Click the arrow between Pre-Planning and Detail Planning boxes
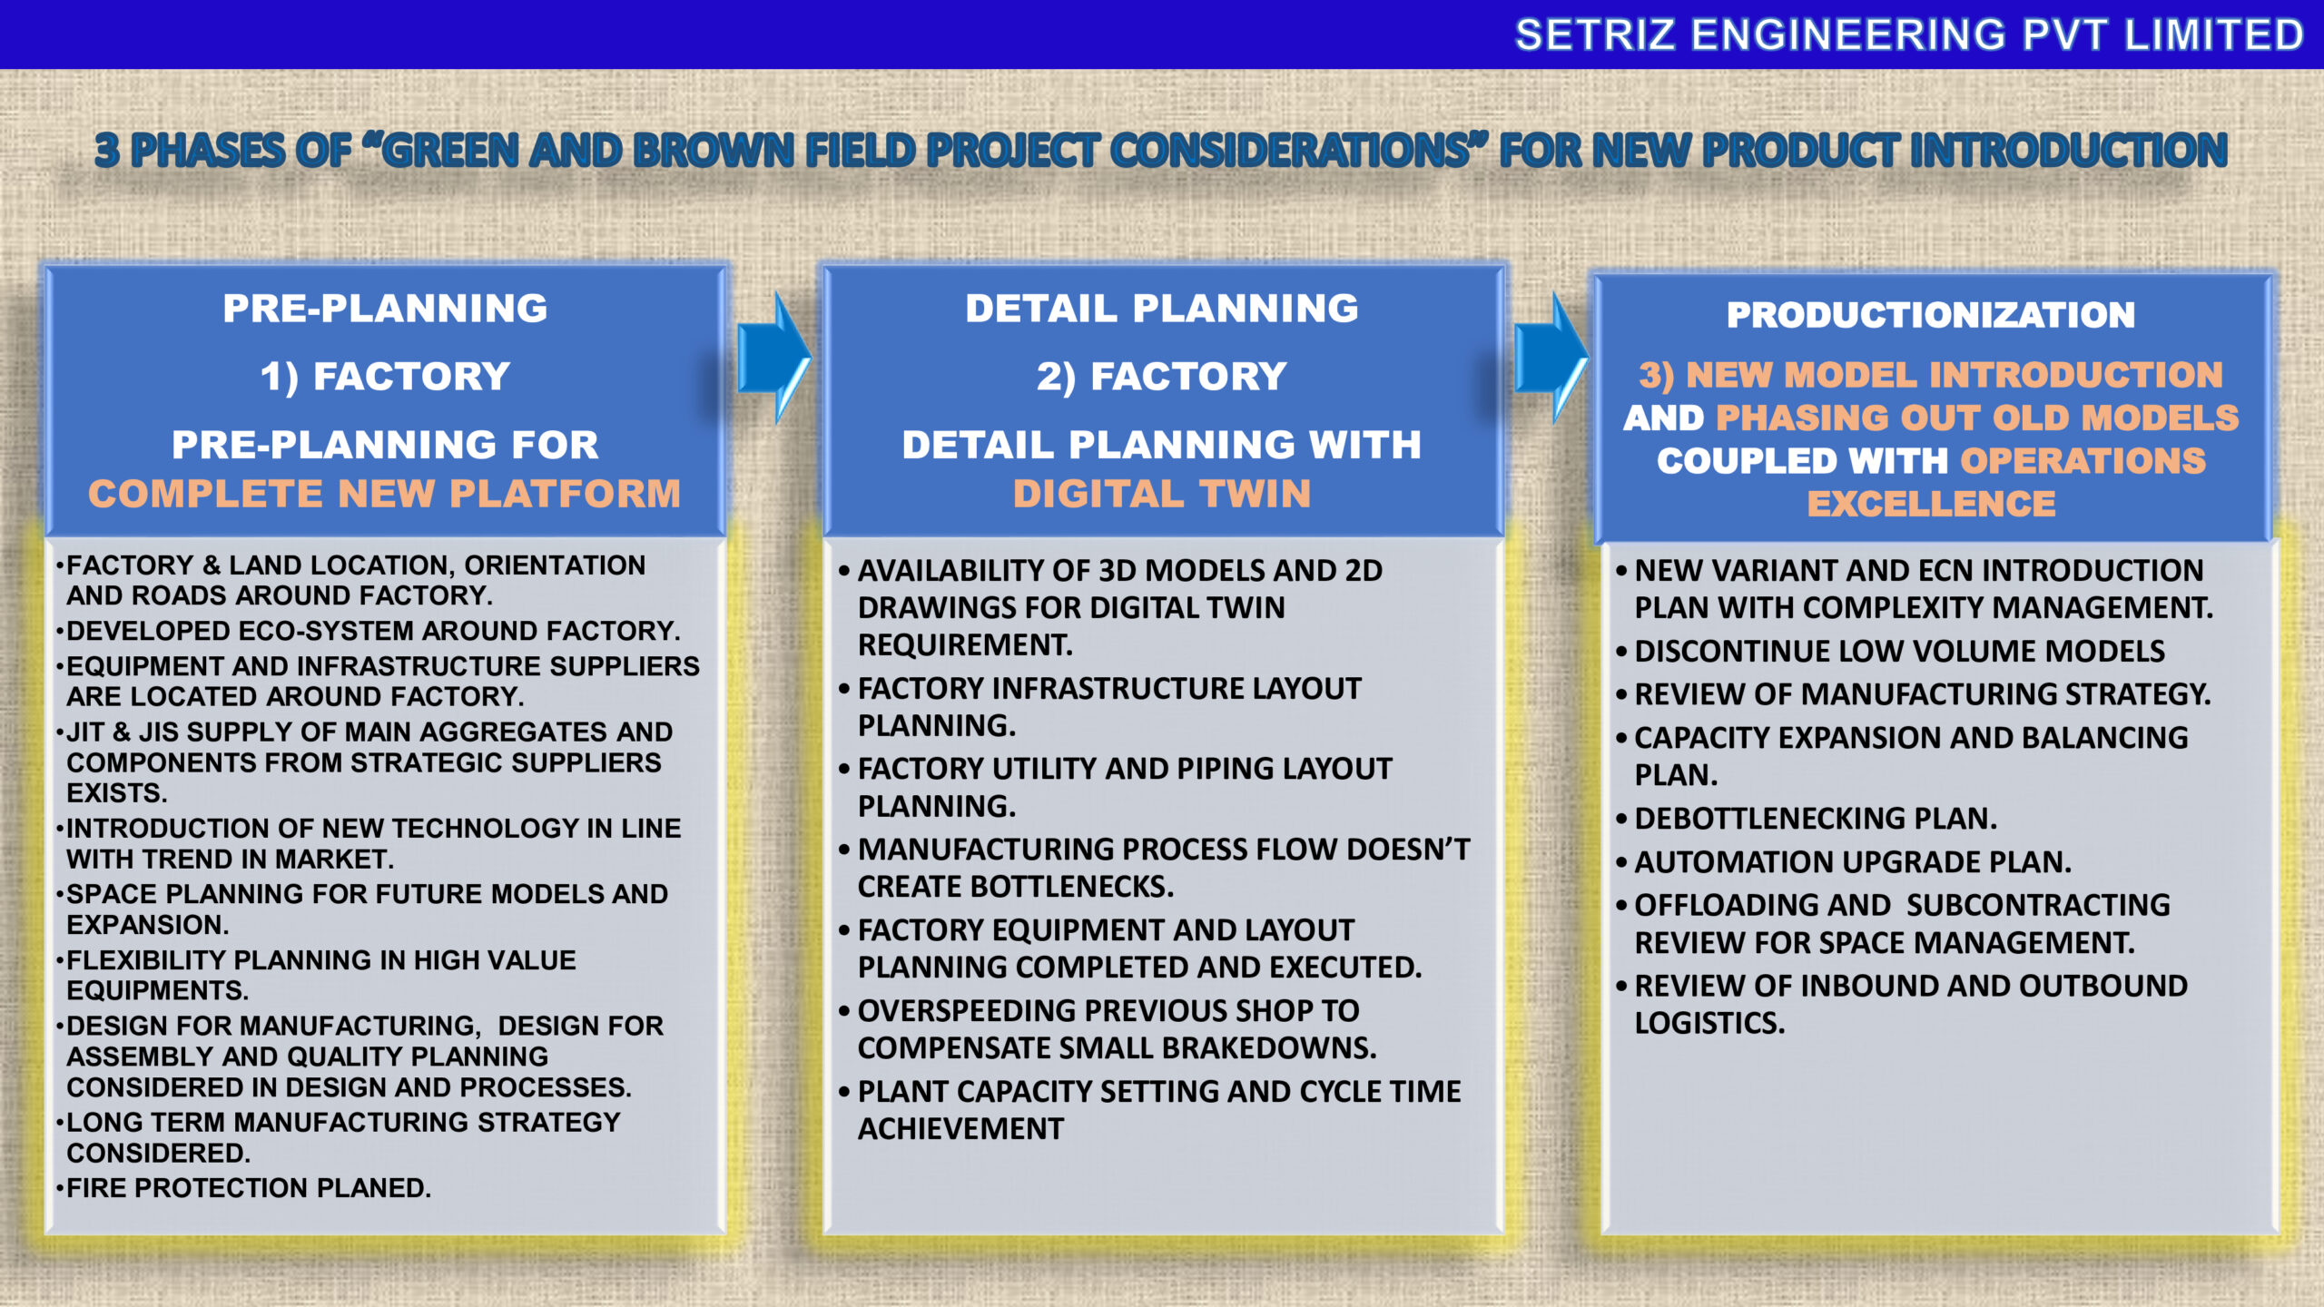(x=774, y=358)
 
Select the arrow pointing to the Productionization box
(x=1551, y=358)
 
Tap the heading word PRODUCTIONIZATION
(x=1931, y=315)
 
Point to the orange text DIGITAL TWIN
(x=1162, y=494)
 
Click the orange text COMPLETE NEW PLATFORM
(x=384, y=494)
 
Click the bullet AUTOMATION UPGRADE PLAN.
(x=1844, y=862)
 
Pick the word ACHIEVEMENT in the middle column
(x=960, y=1129)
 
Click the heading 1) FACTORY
(x=385, y=377)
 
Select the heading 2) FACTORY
(x=1162, y=377)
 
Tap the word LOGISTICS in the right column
(x=1709, y=1024)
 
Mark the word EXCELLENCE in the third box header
(x=1931, y=504)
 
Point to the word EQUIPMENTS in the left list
(x=157, y=990)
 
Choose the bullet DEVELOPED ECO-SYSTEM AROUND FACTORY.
(x=368, y=631)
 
